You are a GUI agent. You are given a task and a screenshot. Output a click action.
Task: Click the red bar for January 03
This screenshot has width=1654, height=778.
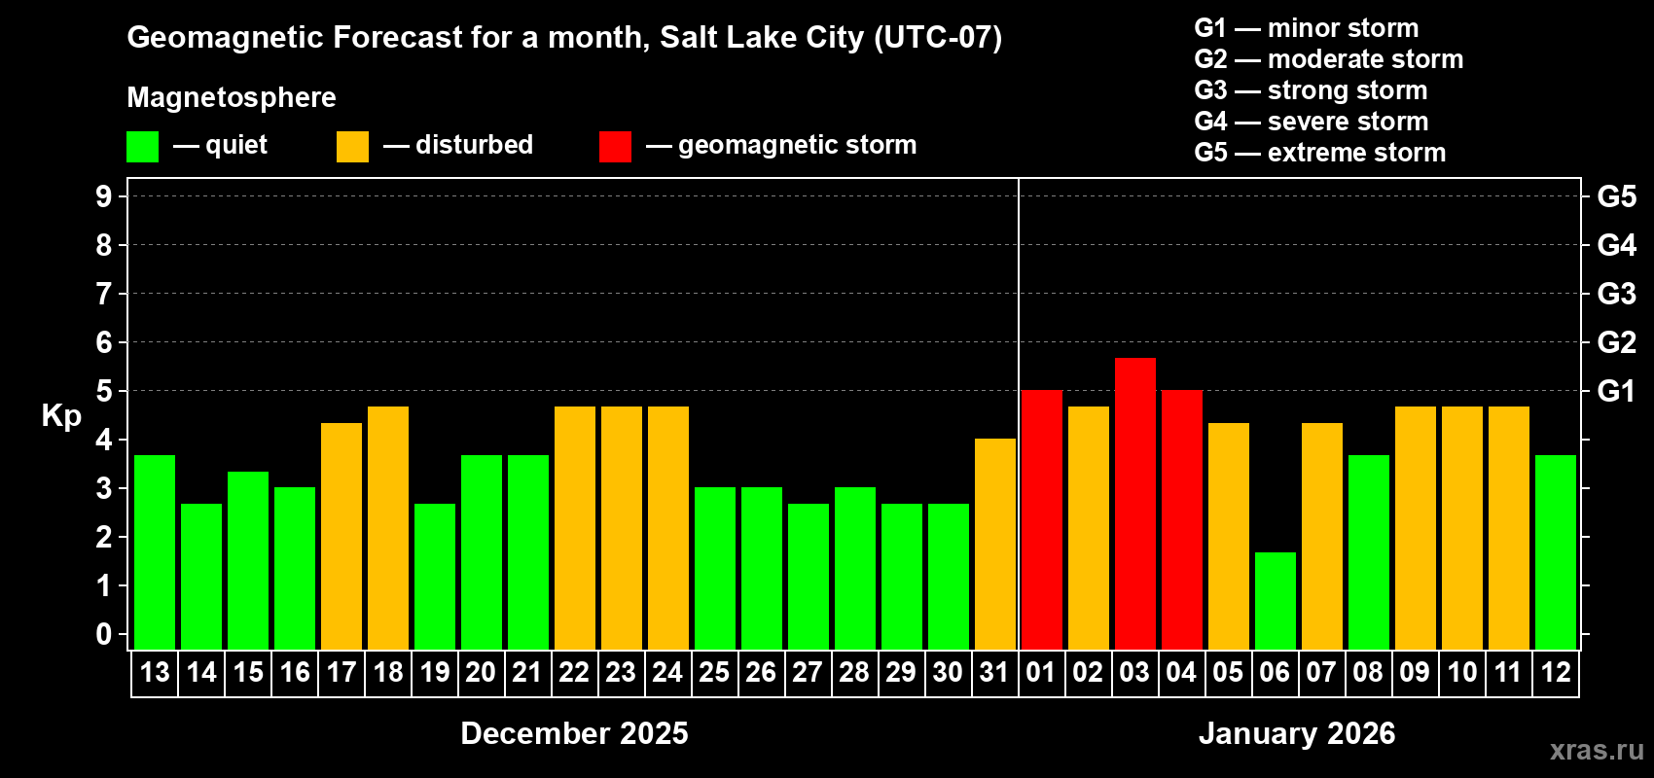tap(1134, 504)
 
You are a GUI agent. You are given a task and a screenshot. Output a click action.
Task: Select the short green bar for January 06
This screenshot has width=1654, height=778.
tap(1275, 601)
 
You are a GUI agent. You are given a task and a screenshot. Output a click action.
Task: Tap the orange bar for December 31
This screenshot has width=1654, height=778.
tap(994, 544)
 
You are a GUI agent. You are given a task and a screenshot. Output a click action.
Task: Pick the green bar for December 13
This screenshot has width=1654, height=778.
tap(155, 552)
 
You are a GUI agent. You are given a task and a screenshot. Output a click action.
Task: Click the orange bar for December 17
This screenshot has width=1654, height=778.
tap(342, 536)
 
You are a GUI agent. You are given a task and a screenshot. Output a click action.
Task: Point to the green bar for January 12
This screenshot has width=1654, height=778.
tap(1555, 552)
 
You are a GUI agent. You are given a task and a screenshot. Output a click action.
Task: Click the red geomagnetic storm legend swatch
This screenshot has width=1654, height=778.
tap(615, 147)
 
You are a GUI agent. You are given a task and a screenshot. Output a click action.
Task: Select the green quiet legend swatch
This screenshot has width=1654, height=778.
tap(142, 147)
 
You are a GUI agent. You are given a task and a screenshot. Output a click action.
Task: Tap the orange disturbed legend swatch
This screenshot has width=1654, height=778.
tap(352, 147)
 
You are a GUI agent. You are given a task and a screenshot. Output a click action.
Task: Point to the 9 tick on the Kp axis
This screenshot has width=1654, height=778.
tap(104, 196)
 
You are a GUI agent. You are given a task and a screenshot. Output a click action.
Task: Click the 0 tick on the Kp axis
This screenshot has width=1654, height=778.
tap(104, 635)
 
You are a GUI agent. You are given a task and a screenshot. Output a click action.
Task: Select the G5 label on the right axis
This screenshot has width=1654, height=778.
tap(1616, 196)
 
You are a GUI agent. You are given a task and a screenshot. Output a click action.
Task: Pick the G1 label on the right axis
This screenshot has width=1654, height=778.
tap(1616, 391)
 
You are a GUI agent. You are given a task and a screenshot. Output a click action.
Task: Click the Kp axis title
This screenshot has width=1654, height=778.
tap(61, 416)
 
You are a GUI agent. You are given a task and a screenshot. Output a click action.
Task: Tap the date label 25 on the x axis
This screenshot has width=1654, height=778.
tap(714, 673)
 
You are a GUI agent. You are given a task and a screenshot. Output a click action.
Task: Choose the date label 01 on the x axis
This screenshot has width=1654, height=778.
tap(1041, 673)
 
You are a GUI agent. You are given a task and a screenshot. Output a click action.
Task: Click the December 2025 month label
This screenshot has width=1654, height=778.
tap(574, 733)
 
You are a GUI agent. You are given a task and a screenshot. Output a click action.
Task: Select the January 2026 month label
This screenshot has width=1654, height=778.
tap(1296, 733)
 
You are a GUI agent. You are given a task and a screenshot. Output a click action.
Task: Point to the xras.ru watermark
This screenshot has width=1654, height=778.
tap(1596, 749)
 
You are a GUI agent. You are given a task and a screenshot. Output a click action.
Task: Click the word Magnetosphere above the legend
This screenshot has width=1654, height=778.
tap(232, 97)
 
